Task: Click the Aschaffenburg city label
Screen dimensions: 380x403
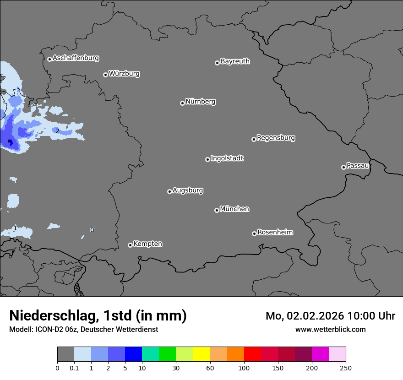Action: [x=76, y=58]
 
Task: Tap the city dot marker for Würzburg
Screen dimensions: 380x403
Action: [x=105, y=75]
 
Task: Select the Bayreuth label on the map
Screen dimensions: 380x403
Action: [x=235, y=61]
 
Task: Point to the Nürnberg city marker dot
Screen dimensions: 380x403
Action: [x=182, y=103]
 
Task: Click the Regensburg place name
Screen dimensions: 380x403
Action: [x=276, y=138]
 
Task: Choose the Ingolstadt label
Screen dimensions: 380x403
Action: [x=227, y=158]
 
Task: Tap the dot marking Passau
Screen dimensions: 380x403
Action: [x=343, y=167]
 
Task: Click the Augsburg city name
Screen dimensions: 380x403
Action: [x=187, y=190]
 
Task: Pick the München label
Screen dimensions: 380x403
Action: [x=234, y=209]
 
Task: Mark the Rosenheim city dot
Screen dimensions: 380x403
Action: [x=254, y=234]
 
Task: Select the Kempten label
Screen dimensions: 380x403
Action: [x=147, y=244]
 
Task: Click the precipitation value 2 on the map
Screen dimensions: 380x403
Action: [x=57, y=131]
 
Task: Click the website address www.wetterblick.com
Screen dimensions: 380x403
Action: [x=330, y=330]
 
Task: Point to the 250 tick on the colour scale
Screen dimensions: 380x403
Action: [x=346, y=368]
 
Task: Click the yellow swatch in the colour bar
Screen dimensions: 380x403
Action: [x=201, y=354]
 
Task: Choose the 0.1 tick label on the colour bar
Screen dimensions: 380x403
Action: [x=74, y=368]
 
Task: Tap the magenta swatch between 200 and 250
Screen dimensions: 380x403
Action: [x=320, y=354]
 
